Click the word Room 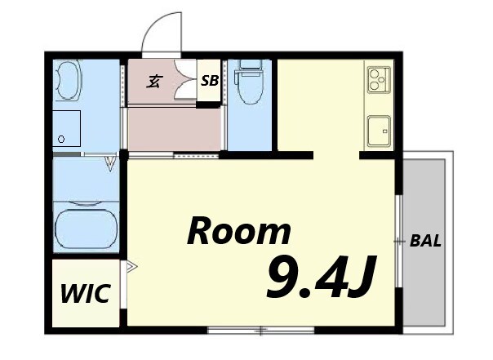(239, 231)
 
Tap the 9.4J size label (321, 277)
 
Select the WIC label (86, 293)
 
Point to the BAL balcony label (425, 241)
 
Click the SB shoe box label (210, 81)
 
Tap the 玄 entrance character (154, 82)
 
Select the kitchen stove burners (379, 80)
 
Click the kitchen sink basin (380, 131)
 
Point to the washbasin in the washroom (68, 80)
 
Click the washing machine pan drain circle (61, 139)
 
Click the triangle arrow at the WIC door (132, 267)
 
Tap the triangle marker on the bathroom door (111, 163)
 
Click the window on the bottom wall (261, 330)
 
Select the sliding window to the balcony (399, 241)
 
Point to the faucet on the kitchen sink (384, 131)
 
